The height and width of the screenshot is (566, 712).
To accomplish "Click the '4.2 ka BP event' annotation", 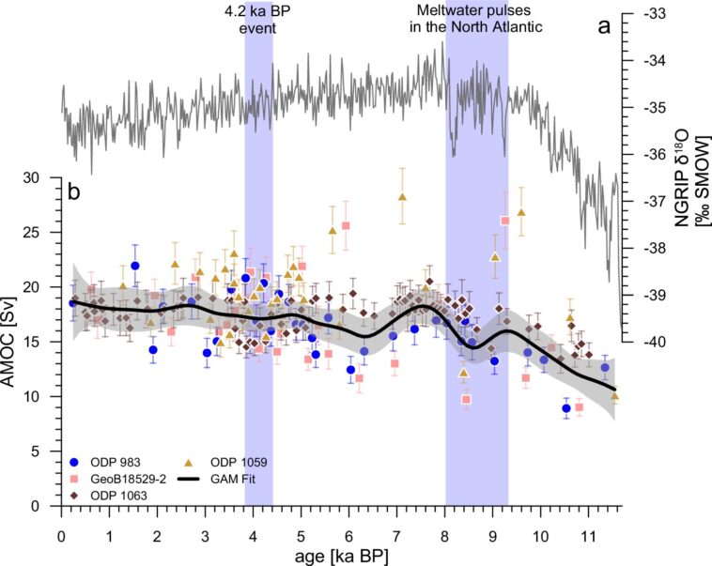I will (258, 19).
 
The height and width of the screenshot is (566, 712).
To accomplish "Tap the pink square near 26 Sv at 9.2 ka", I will (504, 221).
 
